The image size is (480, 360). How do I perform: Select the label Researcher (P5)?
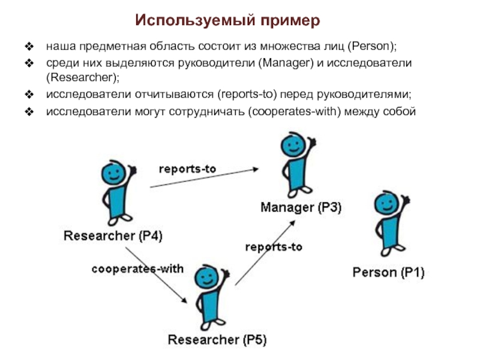pos(217,340)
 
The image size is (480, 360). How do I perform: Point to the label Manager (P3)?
pos(301,208)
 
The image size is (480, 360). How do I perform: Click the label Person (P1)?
pos(388,273)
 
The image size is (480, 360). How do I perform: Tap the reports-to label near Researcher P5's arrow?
pos(274,247)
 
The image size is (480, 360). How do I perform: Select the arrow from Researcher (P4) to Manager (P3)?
pos(204,178)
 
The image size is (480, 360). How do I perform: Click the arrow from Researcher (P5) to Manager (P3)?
pos(265,252)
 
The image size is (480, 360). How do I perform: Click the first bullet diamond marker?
pos(28,46)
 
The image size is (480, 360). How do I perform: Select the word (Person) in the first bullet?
pos(372,46)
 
